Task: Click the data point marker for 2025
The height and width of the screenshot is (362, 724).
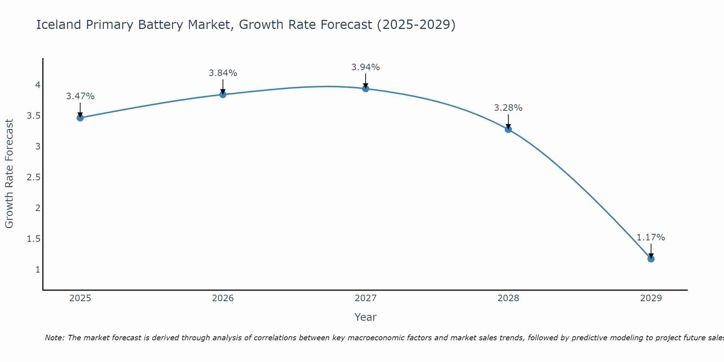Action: click(80, 118)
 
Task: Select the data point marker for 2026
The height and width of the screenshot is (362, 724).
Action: click(223, 94)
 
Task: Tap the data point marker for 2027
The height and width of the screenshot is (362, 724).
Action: click(366, 88)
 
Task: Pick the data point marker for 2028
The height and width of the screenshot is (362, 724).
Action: click(508, 129)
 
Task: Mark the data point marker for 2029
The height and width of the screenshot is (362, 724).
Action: click(651, 259)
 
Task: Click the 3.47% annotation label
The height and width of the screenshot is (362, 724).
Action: click(80, 96)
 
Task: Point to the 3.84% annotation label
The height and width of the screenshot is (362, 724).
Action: click(223, 73)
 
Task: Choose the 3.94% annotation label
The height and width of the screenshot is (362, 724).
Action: click(366, 67)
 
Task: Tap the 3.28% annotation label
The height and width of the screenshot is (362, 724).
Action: click(508, 108)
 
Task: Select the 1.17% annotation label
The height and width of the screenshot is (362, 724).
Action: click(651, 237)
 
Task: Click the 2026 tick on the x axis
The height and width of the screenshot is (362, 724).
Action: click(223, 298)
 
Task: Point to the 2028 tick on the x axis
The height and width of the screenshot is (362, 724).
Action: click(508, 298)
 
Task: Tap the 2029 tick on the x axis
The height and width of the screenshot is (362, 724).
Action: click(651, 298)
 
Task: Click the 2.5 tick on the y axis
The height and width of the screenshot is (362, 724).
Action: click(33, 177)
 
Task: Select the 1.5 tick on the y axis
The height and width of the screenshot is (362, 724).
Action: click(33, 239)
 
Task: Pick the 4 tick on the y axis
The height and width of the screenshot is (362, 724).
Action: click(38, 85)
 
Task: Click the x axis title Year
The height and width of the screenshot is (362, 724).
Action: click(366, 317)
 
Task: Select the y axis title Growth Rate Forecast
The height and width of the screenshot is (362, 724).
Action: click(9, 174)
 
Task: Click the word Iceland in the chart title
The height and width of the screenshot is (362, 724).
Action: click(59, 25)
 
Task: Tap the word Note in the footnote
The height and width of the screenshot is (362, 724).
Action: click(54, 338)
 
